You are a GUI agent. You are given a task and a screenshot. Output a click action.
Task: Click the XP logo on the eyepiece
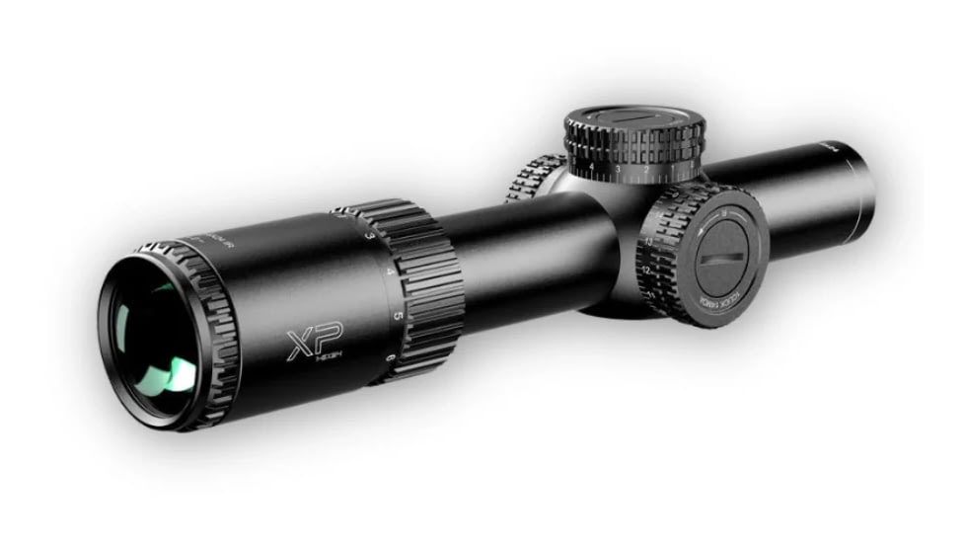click(x=307, y=346)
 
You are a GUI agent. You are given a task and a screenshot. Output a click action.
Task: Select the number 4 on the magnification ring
click(x=390, y=270)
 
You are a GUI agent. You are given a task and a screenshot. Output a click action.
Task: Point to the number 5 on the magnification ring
click(x=397, y=315)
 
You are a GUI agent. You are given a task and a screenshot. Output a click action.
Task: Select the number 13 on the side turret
click(x=647, y=239)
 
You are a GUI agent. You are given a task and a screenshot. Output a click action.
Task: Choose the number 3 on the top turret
click(x=618, y=170)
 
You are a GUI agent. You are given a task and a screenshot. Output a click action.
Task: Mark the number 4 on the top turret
click(x=591, y=167)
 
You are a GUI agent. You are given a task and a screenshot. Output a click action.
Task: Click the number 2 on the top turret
click(x=646, y=170)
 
